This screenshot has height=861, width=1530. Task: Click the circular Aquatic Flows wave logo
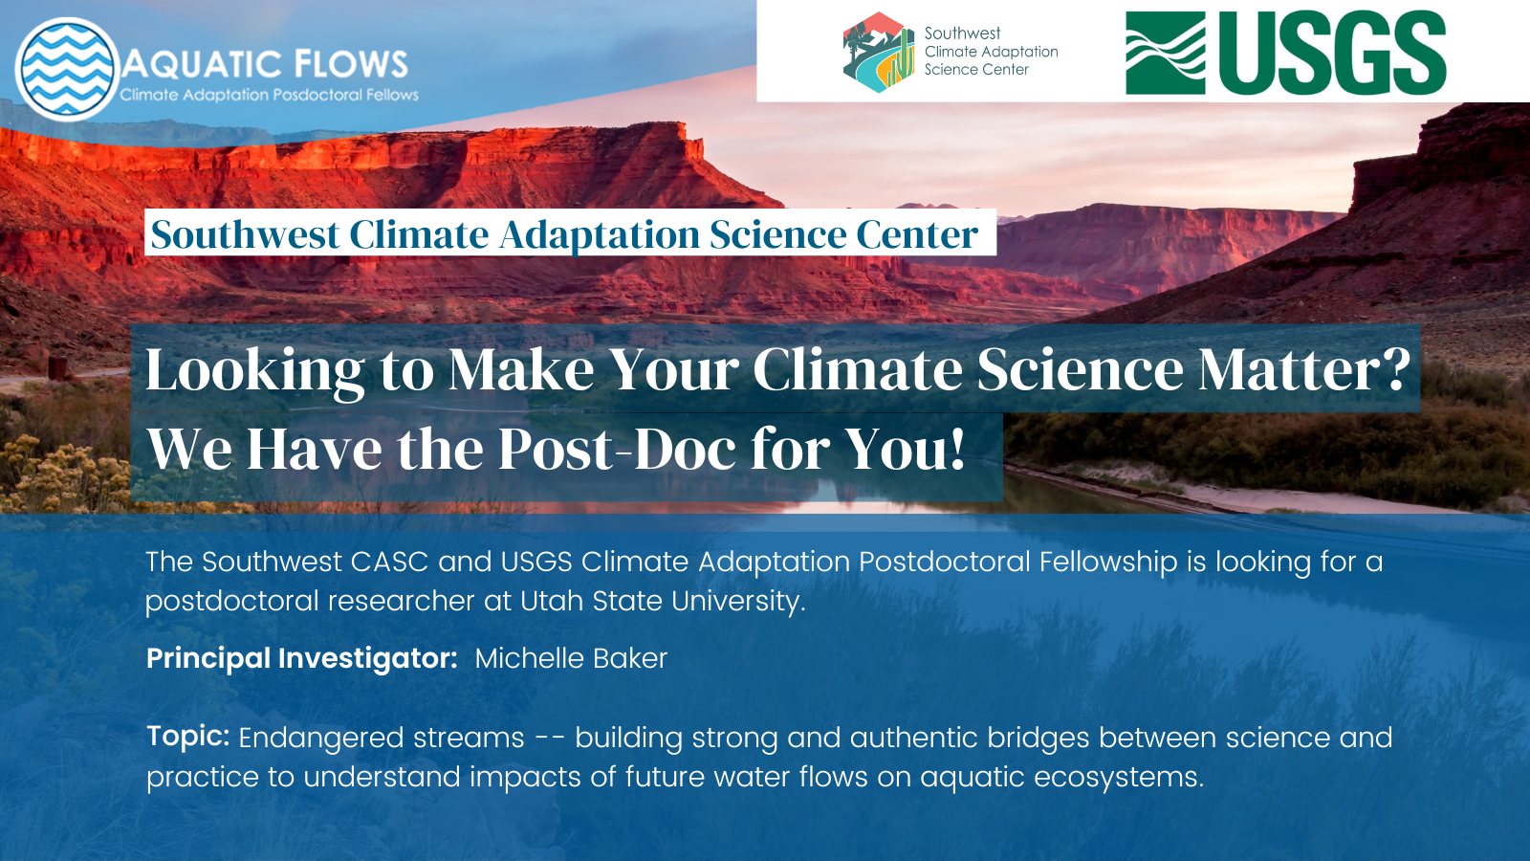click(67, 69)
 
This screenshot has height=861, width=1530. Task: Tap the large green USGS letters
click(1332, 54)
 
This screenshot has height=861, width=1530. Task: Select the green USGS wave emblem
click(1165, 54)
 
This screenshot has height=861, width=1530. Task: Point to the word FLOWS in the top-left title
click(351, 64)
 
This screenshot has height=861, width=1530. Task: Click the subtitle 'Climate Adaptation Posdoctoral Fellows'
click(269, 95)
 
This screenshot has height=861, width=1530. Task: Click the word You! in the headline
click(906, 449)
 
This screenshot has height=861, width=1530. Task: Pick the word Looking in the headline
click(254, 371)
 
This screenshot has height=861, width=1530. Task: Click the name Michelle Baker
click(571, 658)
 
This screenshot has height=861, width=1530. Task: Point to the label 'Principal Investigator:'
click(301, 658)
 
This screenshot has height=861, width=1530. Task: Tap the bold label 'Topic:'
click(187, 736)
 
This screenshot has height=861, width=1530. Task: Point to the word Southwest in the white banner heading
click(245, 234)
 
